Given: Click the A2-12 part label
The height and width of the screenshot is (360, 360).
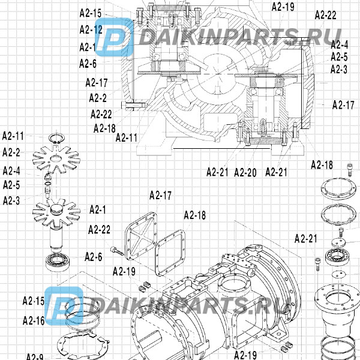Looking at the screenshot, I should tap(91, 29).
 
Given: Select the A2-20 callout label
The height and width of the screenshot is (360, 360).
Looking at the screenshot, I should tap(245, 173).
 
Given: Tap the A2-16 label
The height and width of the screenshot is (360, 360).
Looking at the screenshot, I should tap(34, 321).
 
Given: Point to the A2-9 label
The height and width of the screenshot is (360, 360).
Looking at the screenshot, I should tap(34, 358).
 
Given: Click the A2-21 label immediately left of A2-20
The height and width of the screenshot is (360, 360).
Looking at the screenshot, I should tap(217, 173).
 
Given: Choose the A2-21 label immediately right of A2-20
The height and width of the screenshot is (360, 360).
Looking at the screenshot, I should tap(277, 173).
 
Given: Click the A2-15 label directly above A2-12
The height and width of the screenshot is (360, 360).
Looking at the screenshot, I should tap(90, 13).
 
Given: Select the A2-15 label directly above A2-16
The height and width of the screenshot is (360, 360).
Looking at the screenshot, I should tap(34, 301).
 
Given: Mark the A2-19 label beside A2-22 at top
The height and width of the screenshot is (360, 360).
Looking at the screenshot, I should tap(283, 7).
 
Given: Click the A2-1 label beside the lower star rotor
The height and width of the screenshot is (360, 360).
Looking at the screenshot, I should tap(98, 209).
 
